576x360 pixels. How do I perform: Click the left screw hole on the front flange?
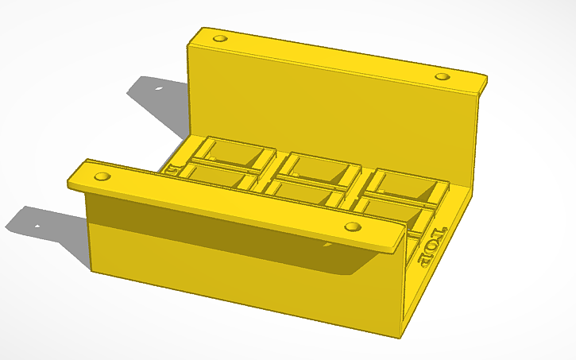pyautogui.click(x=101, y=175)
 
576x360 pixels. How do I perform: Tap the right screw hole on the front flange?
pyautogui.click(x=350, y=227)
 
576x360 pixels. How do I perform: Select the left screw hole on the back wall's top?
pyautogui.click(x=220, y=38)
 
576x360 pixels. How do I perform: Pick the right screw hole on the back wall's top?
pyautogui.click(x=443, y=76)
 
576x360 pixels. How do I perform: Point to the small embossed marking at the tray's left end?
pyautogui.click(x=172, y=168)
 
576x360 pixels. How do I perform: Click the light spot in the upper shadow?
pyautogui.click(x=157, y=87)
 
